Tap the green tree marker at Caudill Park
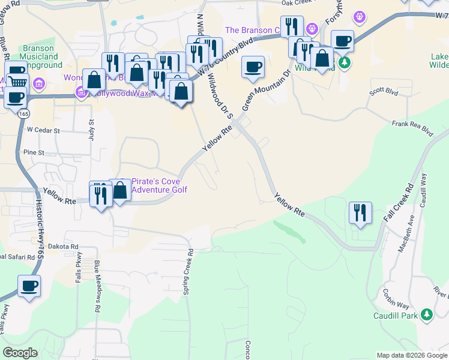(x=426, y=314)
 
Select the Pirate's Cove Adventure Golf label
(x=159, y=185)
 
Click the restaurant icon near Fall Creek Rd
(x=360, y=213)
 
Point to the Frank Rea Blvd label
(x=412, y=127)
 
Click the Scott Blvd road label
(x=384, y=92)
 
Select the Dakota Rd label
(x=65, y=246)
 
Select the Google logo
(x=20, y=353)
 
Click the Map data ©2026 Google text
(x=411, y=355)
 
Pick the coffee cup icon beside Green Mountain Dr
(x=253, y=66)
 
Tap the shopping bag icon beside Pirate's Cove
(x=120, y=191)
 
